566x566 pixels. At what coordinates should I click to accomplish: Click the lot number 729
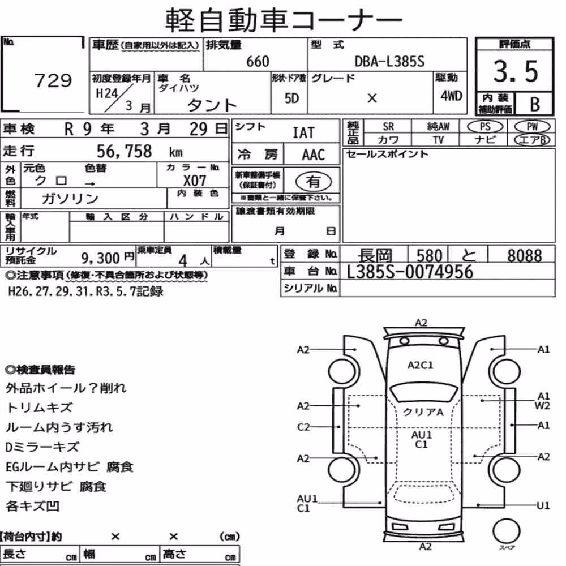pyautogui.click(x=53, y=80)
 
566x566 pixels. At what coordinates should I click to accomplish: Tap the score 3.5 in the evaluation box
pyautogui.click(x=516, y=71)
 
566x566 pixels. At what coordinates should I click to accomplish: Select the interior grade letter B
pyautogui.click(x=535, y=104)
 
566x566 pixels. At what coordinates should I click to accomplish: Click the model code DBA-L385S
pyautogui.click(x=389, y=62)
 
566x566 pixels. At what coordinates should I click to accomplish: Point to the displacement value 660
pyautogui.click(x=258, y=62)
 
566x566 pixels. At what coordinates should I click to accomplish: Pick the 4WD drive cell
pyautogui.click(x=451, y=96)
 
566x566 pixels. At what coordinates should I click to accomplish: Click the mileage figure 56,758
pyautogui.click(x=124, y=151)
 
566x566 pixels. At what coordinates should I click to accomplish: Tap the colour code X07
pyautogui.click(x=195, y=181)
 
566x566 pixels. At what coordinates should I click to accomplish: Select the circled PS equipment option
pyautogui.click(x=485, y=127)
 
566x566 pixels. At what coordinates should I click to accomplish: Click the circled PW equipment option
pyautogui.click(x=532, y=127)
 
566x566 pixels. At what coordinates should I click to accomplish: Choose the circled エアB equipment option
pyautogui.click(x=532, y=140)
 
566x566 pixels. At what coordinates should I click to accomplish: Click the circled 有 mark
pyautogui.click(x=314, y=182)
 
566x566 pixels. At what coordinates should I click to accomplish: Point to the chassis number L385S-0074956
pyautogui.click(x=410, y=272)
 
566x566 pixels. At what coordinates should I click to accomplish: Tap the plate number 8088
pyautogui.click(x=525, y=256)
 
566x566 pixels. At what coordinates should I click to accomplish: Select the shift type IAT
pyautogui.click(x=303, y=133)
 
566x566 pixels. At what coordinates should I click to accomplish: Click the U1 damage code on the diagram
pyautogui.click(x=543, y=505)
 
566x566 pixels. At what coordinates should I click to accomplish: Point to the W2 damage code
pyautogui.click(x=543, y=406)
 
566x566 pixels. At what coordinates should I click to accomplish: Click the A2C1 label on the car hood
pyautogui.click(x=421, y=365)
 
